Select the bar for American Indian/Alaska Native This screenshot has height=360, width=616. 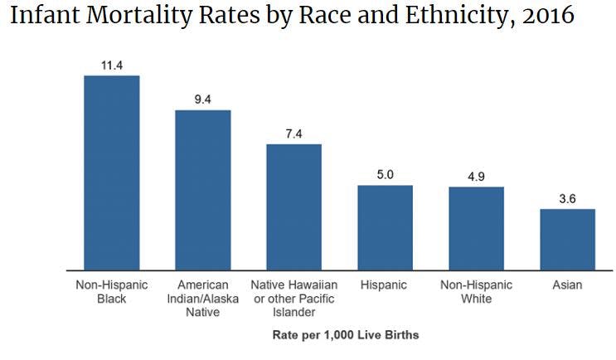click(x=202, y=190)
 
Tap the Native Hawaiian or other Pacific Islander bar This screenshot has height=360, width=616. click(x=293, y=207)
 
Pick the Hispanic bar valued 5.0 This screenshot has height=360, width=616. click(x=385, y=227)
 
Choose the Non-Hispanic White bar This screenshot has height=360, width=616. click(x=476, y=228)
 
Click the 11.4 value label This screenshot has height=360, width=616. click(x=111, y=64)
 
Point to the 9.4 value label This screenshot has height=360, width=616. click(x=202, y=99)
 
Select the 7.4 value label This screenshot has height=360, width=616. click(x=293, y=133)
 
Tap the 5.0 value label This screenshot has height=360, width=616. click(x=385, y=174)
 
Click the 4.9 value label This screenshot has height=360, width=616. click(x=476, y=176)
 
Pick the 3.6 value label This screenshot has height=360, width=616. click(x=567, y=198)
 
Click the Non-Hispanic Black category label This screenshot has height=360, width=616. click(x=111, y=291)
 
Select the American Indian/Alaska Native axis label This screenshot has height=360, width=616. click(x=202, y=298)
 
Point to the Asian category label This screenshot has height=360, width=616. click(x=567, y=285)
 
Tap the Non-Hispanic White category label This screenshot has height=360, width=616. click(x=476, y=291)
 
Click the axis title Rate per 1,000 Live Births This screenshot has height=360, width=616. click(x=346, y=335)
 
